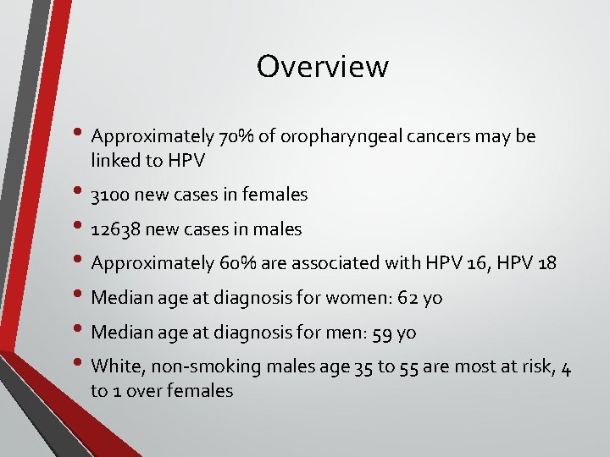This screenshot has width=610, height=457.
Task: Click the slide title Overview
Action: point(322,66)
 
